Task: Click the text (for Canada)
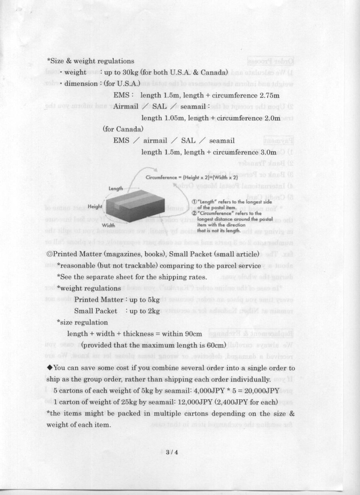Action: (123, 129)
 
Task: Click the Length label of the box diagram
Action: (116, 188)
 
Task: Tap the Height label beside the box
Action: (95, 207)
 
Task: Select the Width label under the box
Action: (108, 226)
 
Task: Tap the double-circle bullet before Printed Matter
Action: (50, 254)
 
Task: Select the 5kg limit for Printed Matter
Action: (153, 300)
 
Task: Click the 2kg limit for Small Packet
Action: (153, 311)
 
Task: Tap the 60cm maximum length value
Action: (215, 346)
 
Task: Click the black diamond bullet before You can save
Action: (50, 368)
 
